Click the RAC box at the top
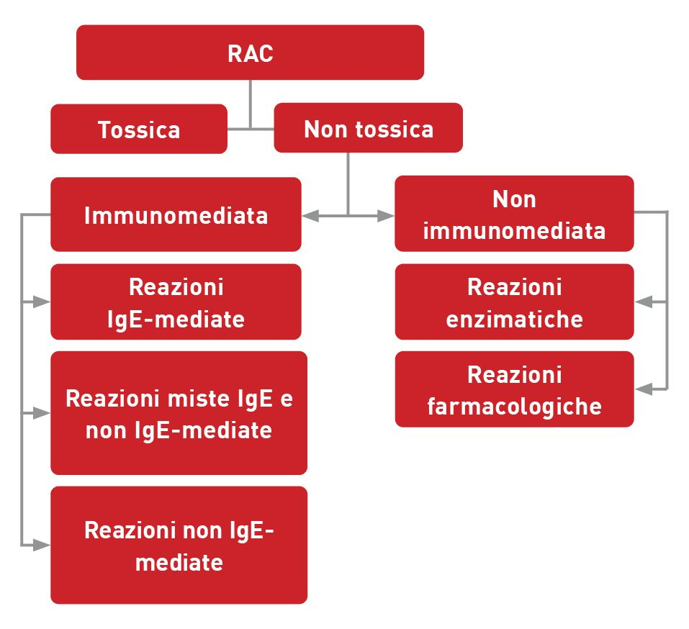click(250, 53)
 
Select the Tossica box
click(138, 130)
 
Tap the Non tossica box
click(368, 128)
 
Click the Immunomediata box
click(176, 215)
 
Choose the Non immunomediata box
click(514, 214)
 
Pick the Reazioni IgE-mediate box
click(176, 302)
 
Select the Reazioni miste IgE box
click(179, 414)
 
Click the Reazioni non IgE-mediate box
click(179, 546)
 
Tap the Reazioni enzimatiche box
click(514, 302)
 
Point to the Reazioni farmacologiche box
click(514, 389)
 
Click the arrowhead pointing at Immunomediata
click(310, 215)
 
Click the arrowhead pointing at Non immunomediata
click(386, 215)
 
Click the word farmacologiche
click(514, 406)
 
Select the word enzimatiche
click(514, 319)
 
